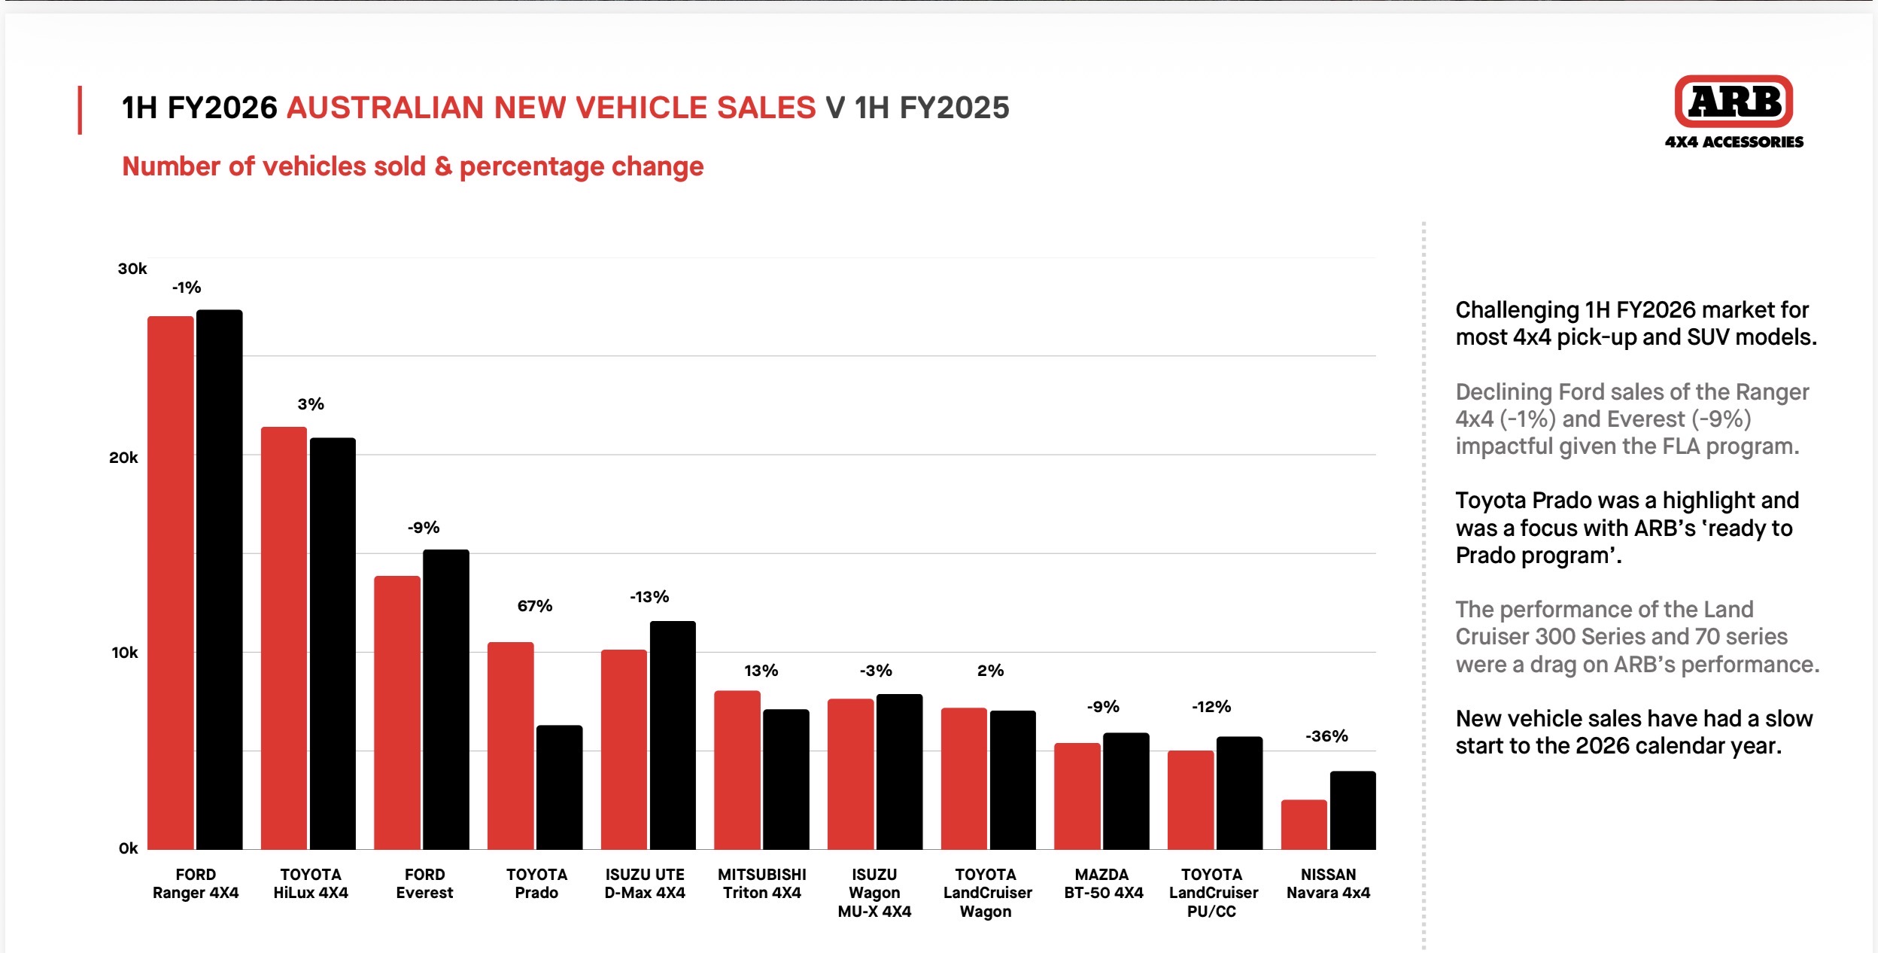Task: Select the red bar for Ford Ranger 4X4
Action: (171, 583)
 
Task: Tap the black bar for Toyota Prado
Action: (559, 787)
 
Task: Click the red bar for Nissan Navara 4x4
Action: (1304, 824)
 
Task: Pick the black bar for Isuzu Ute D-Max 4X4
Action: (673, 735)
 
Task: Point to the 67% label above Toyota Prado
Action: (535, 606)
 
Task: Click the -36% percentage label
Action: (1326, 736)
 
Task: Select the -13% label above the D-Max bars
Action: (649, 597)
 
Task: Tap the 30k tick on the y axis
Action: (132, 269)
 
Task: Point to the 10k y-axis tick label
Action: (125, 653)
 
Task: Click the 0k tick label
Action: (129, 848)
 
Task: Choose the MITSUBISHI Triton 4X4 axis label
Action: (761, 884)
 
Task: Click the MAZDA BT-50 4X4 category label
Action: (1103, 884)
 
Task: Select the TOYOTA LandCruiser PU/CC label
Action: (1213, 893)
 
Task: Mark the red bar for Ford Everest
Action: (397, 713)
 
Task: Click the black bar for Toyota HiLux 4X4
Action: (333, 644)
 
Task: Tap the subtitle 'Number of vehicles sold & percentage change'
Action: (412, 166)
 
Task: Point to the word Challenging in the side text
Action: (1517, 311)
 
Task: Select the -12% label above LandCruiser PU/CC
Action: (1211, 707)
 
